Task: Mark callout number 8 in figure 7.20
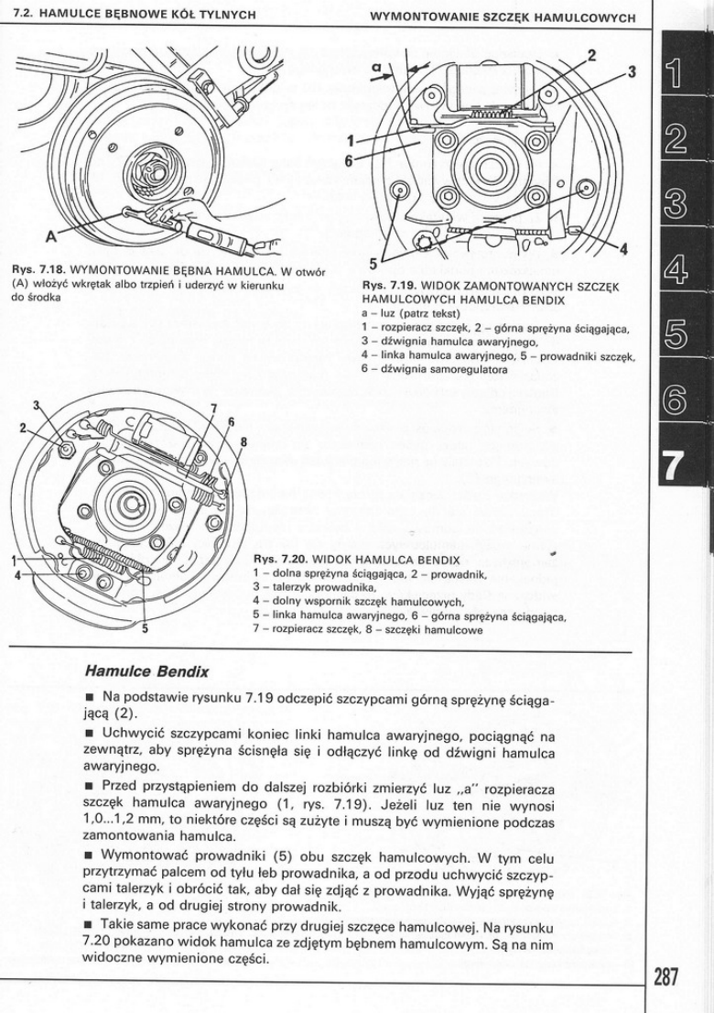tap(243, 440)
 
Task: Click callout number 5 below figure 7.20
tap(145, 628)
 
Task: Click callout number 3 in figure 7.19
tap(632, 72)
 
